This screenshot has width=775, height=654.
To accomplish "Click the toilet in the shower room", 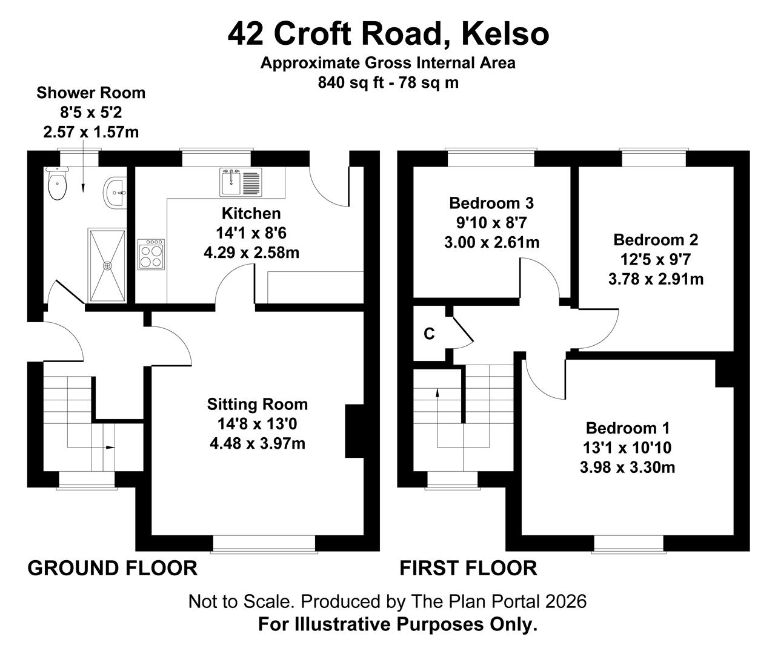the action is click(57, 183).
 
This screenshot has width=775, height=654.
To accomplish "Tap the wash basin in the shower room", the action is click(115, 192).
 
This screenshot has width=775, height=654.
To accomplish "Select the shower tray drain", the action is click(107, 266).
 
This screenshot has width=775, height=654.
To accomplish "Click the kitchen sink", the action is click(241, 182).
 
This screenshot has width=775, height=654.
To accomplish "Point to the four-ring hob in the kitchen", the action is click(151, 254).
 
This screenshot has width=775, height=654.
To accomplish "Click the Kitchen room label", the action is click(251, 214).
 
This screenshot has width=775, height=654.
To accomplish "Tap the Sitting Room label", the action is click(257, 405).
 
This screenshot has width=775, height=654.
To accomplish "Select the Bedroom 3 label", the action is click(491, 203).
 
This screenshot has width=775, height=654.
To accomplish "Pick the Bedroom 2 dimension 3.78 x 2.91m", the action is click(656, 279).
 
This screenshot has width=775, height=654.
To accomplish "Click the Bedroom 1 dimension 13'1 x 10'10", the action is click(627, 448).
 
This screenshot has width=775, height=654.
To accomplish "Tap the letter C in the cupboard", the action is click(429, 334).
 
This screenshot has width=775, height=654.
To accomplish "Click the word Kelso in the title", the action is click(505, 34).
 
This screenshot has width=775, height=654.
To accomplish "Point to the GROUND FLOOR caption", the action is click(113, 568).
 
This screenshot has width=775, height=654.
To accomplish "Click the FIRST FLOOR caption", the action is click(468, 568).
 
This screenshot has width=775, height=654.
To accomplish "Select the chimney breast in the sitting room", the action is click(354, 431).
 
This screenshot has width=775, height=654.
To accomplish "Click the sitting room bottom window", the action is click(264, 544).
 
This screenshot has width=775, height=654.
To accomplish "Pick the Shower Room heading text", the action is click(91, 93).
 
